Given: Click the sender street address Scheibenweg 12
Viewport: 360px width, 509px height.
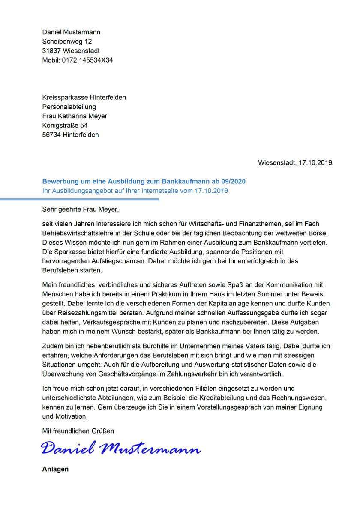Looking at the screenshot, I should point(67,42).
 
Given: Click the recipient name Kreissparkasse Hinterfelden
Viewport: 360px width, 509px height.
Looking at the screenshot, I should point(84,97).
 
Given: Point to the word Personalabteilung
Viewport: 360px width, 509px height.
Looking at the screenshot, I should point(69,107).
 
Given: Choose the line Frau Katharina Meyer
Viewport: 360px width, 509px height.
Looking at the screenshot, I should point(75,116).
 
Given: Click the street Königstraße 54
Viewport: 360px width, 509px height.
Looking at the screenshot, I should point(65,126).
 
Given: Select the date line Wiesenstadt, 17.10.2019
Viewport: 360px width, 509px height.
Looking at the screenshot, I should point(295,163).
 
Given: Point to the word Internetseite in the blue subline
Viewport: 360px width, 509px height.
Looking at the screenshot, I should point(160,191).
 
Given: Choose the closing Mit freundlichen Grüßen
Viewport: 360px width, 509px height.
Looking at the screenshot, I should point(78,431).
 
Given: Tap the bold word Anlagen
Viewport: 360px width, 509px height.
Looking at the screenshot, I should point(55,469).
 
